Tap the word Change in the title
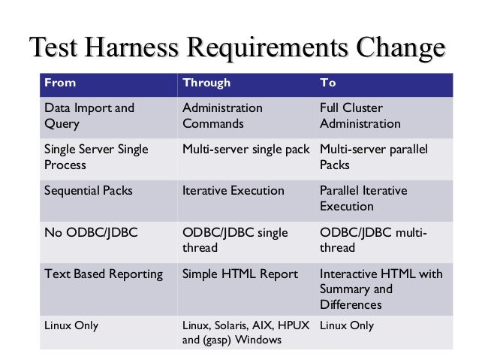pyautogui.click(x=400, y=49)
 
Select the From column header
pyautogui.click(x=61, y=83)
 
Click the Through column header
pyautogui.click(x=206, y=83)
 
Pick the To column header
pyautogui.click(x=328, y=83)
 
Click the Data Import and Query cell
pyautogui.click(x=89, y=116)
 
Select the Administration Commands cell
pyautogui.click(x=222, y=116)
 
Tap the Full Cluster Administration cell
pyautogui.click(x=360, y=116)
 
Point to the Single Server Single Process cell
pyautogui.click(x=96, y=156)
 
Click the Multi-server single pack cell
pyautogui.click(x=246, y=149)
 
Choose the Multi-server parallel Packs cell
pyautogui.click(x=373, y=156)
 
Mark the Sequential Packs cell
pyautogui.click(x=89, y=190)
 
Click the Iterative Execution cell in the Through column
pyautogui.click(x=233, y=190)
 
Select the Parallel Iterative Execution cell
pyautogui.click(x=363, y=198)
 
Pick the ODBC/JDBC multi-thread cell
pyautogui.click(x=373, y=240)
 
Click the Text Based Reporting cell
pyautogui.click(x=104, y=274)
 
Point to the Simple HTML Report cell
pyautogui.click(x=240, y=274)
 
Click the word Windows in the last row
pyautogui.click(x=258, y=340)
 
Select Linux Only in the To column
pyautogui.click(x=347, y=325)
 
